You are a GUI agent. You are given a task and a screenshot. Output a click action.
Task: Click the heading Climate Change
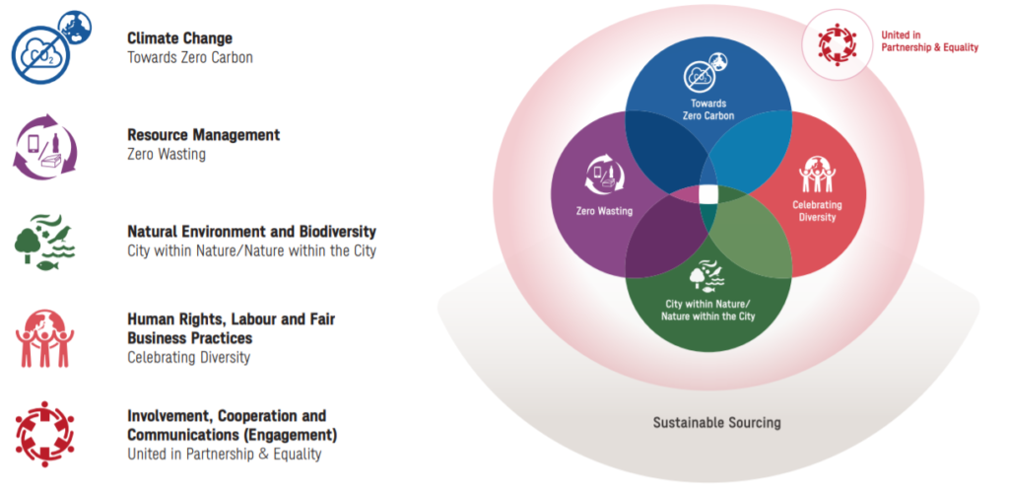pyautogui.click(x=179, y=38)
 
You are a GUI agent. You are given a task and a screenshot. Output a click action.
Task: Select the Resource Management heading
pyautogui.click(x=203, y=135)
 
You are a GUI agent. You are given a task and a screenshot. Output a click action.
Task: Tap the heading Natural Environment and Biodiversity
pyautogui.click(x=251, y=231)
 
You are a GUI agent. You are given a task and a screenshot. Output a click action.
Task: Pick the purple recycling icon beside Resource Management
pyautogui.click(x=44, y=146)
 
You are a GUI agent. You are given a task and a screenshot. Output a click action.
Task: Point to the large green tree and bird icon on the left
pyautogui.click(x=44, y=242)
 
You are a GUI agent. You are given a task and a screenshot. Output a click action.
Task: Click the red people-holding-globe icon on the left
pyautogui.click(x=44, y=339)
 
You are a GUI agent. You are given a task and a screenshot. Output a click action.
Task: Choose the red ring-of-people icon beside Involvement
pyautogui.click(x=44, y=434)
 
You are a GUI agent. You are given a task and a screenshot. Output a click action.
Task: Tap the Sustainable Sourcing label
pyautogui.click(x=717, y=423)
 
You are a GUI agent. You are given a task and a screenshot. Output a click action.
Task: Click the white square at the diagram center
pyautogui.click(x=707, y=193)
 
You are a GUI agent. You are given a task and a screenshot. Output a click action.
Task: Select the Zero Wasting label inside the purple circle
pyautogui.click(x=604, y=210)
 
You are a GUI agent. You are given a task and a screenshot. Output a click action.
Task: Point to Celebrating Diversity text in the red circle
pyautogui.click(x=817, y=211)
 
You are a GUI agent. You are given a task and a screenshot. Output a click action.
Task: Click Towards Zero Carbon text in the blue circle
pyautogui.click(x=707, y=109)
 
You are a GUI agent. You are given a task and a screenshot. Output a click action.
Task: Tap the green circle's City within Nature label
pyautogui.click(x=707, y=311)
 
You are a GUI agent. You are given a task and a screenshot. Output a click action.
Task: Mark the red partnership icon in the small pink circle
pyautogui.click(x=838, y=44)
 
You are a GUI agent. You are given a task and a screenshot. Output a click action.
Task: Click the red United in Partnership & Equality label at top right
pyautogui.click(x=929, y=41)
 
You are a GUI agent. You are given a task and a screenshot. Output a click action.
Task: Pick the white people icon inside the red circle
pyautogui.click(x=817, y=174)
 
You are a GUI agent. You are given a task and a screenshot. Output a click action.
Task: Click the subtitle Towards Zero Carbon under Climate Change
pyautogui.click(x=190, y=57)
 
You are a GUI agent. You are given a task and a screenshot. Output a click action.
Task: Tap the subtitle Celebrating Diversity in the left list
pyautogui.click(x=188, y=357)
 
